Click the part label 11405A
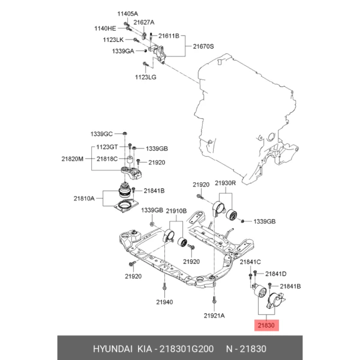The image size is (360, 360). click(127, 14)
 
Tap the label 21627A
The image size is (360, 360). click(144, 22)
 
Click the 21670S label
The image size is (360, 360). click(203, 46)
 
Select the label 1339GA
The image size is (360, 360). click(122, 52)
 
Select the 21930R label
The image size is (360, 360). click(226, 184)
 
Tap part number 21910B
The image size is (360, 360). click(176, 211)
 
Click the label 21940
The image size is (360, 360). click(164, 302)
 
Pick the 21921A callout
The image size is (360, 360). click(214, 315)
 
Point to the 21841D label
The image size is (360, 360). click(276, 274)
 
